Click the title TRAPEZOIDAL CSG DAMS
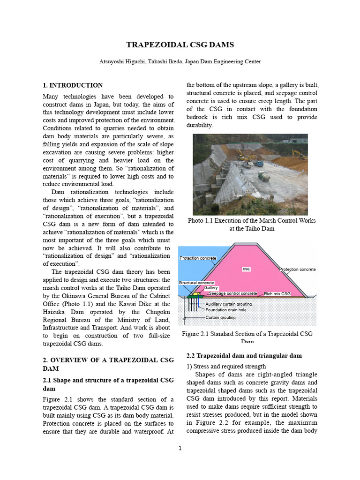click(x=180, y=45)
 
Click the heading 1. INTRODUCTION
click(x=73, y=85)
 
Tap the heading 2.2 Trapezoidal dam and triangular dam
click(x=244, y=356)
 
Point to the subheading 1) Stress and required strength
click(x=226, y=366)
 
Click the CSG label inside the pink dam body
click(x=247, y=269)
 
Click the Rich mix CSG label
click(x=277, y=294)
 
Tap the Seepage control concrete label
click(x=232, y=293)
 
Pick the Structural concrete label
click(x=196, y=283)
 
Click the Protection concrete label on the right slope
click(x=297, y=270)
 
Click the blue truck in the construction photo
click(x=258, y=164)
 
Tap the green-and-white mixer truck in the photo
click(x=263, y=177)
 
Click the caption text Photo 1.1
click(x=200, y=220)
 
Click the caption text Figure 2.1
click(x=197, y=334)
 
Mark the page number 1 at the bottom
click(x=180, y=448)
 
